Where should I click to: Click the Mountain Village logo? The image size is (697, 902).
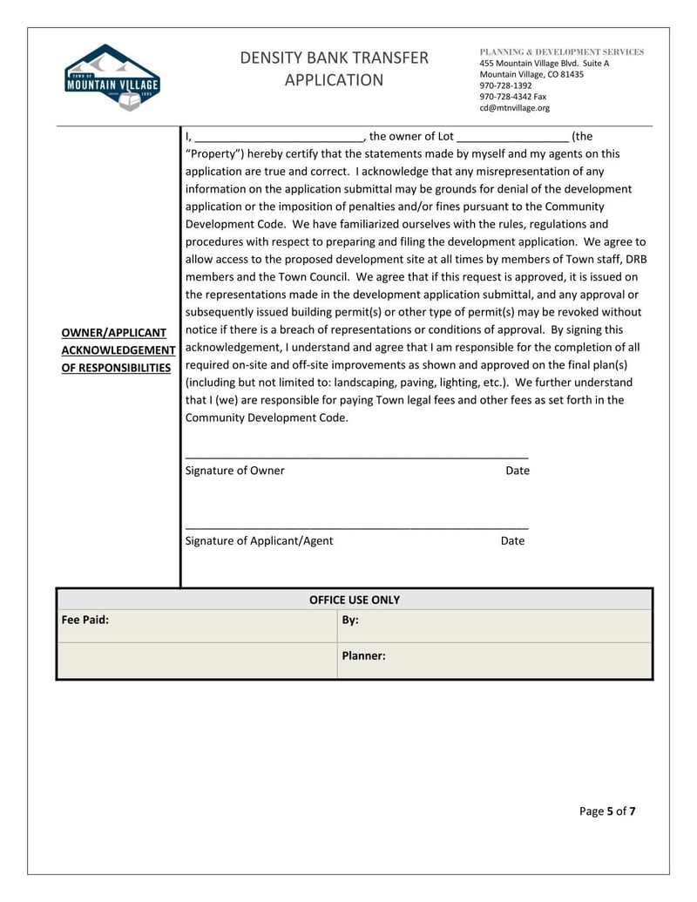pyautogui.click(x=112, y=77)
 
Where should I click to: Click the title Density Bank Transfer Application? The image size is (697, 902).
pyautogui.click(x=335, y=69)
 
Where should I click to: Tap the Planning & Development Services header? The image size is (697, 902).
pyautogui.click(x=562, y=52)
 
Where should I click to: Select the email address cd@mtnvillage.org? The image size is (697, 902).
pyautogui.click(x=514, y=108)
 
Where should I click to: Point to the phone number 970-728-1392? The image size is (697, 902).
pyautogui.click(x=505, y=85)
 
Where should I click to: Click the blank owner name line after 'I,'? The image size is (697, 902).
pyautogui.click(x=279, y=138)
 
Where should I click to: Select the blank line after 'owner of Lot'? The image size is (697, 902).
pyautogui.click(x=512, y=138)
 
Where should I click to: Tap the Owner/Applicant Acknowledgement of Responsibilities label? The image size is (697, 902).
pyautogui.click(x=118, y=350)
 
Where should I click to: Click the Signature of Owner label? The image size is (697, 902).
pyautogui.click(x=235, y=471)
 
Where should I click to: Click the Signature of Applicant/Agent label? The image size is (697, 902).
pyautogui.click(x=259, y=540)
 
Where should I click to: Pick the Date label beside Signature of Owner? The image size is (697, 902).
pyautogui.click(x=518, y=471)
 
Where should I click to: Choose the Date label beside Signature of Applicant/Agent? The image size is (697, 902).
pyautogui.click(x=512, y=540)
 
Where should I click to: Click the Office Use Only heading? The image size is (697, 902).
pyautogui.click(x=355, y=600)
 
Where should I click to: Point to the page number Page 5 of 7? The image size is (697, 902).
pyautogui.click(x=607, y=811)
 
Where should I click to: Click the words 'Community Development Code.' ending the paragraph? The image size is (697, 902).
pyautogui.click(x=267, y=417)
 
